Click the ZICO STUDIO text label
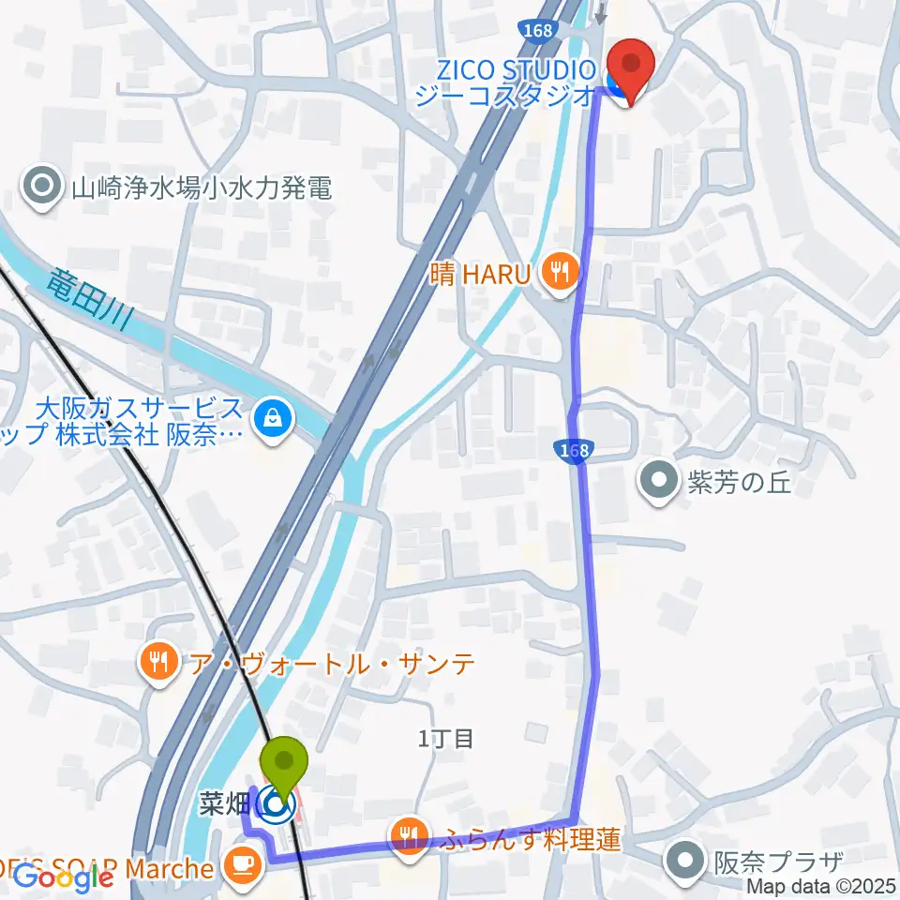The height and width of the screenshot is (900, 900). (514, 70)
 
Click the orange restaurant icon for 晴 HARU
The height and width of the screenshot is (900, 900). (562, 273)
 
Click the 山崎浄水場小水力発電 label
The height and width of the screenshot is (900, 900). (202, 188)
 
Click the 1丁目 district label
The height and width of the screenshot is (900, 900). (446, 739)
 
